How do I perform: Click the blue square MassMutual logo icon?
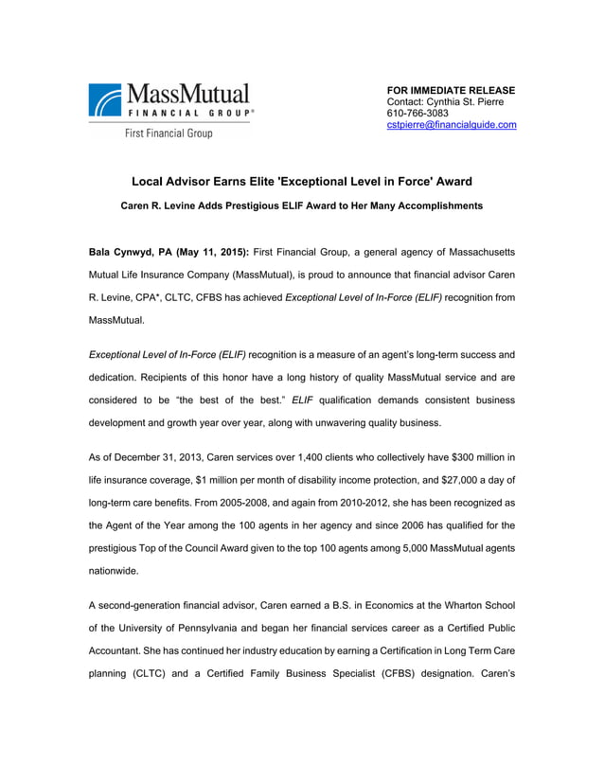pyautogui.click(x=105, y=100)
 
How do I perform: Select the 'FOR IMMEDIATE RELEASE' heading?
pyautogui.click(x=451, y=90)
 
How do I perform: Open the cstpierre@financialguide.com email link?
pyautogui.click(x=452, y=125)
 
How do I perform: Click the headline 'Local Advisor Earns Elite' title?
pyautogui.click(x=301, y=181)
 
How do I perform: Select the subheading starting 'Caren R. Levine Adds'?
pyautogui.click(x=301, y=205)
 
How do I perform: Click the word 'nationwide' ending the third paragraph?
pyautogui.click(x=112, y=572)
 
